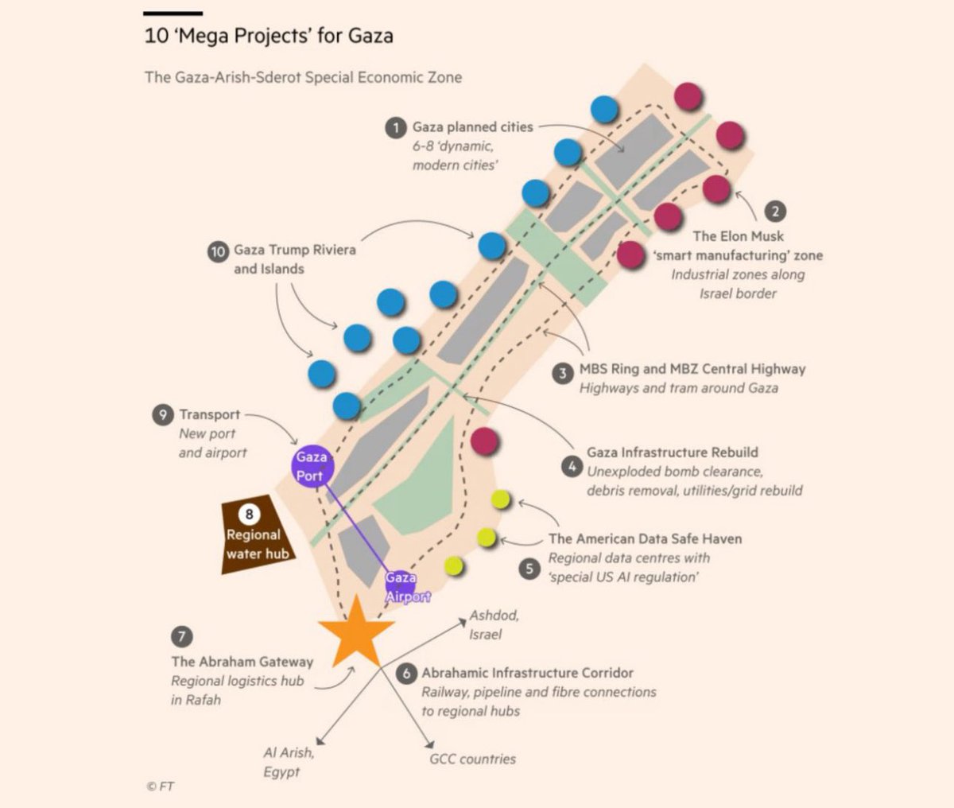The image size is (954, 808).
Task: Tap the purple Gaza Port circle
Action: click(312, 466)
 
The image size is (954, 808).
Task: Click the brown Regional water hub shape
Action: click(257, 534)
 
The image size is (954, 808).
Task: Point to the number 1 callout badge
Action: click(396, 127)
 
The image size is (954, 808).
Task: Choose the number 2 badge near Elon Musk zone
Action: click(775, 212)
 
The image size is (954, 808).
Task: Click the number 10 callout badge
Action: click(218, 251)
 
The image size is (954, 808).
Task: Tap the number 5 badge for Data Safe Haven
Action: click(529, 569)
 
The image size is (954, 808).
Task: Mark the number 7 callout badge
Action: click(181, 637)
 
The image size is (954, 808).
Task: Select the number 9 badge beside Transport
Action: click(162, 414)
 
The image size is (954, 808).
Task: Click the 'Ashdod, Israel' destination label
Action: click(494, 625)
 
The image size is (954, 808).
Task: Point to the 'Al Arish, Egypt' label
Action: click(289, 762)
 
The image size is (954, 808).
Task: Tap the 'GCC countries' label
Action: click(472, 759)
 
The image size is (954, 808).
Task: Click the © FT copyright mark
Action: click(160, 787)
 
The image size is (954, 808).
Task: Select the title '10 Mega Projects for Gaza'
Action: click(269, 36)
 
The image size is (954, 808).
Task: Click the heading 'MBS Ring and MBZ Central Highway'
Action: click(692, 369)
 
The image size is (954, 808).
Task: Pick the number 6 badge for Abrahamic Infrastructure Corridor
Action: click(406, 674)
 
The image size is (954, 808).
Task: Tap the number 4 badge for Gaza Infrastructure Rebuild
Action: click(572, 467)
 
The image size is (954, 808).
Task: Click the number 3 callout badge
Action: click(563, 373)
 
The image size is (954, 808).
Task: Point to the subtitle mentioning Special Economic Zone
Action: click(303, 77)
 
